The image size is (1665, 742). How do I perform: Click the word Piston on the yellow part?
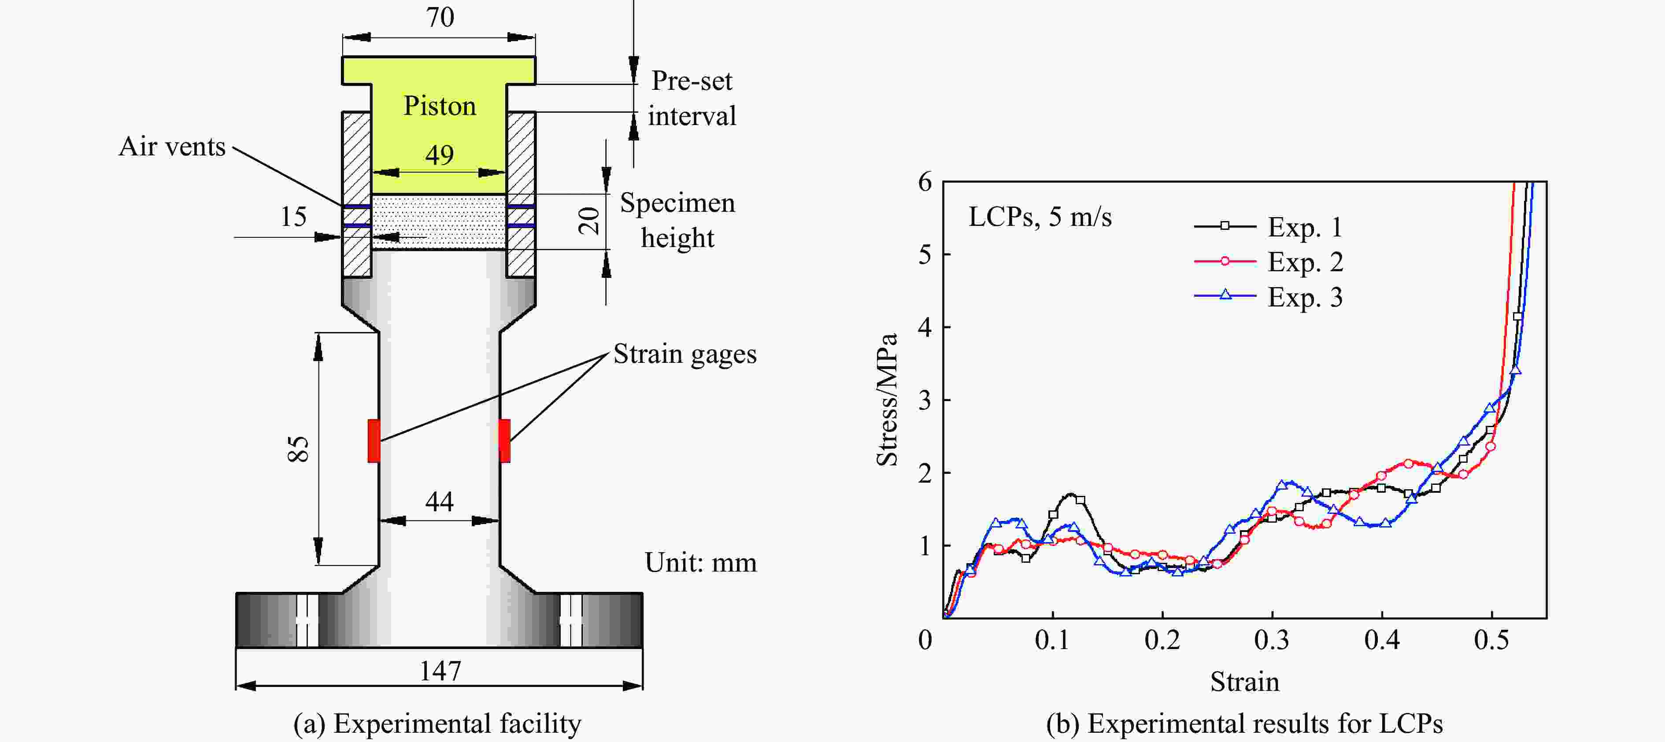[x=440, y=106]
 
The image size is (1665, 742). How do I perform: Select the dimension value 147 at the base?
[x=440, y=671]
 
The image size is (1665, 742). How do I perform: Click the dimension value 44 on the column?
[x=440, y=502]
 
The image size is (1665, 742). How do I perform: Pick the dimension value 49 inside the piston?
[x=440, y=155]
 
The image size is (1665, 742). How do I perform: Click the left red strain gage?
[x=374, y=441]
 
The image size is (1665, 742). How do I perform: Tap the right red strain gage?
[x=504, y=441]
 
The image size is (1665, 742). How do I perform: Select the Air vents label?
[x=172, y=147]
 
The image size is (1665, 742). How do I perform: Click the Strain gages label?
[x=684, y=354]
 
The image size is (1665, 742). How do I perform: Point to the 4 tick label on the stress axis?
[x=925, y=328]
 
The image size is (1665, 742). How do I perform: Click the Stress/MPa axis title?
[x=887, y=399]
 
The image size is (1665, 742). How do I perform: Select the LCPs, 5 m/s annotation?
[x=1040, y=217]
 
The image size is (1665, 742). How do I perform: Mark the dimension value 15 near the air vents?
[x=293, y=217]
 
